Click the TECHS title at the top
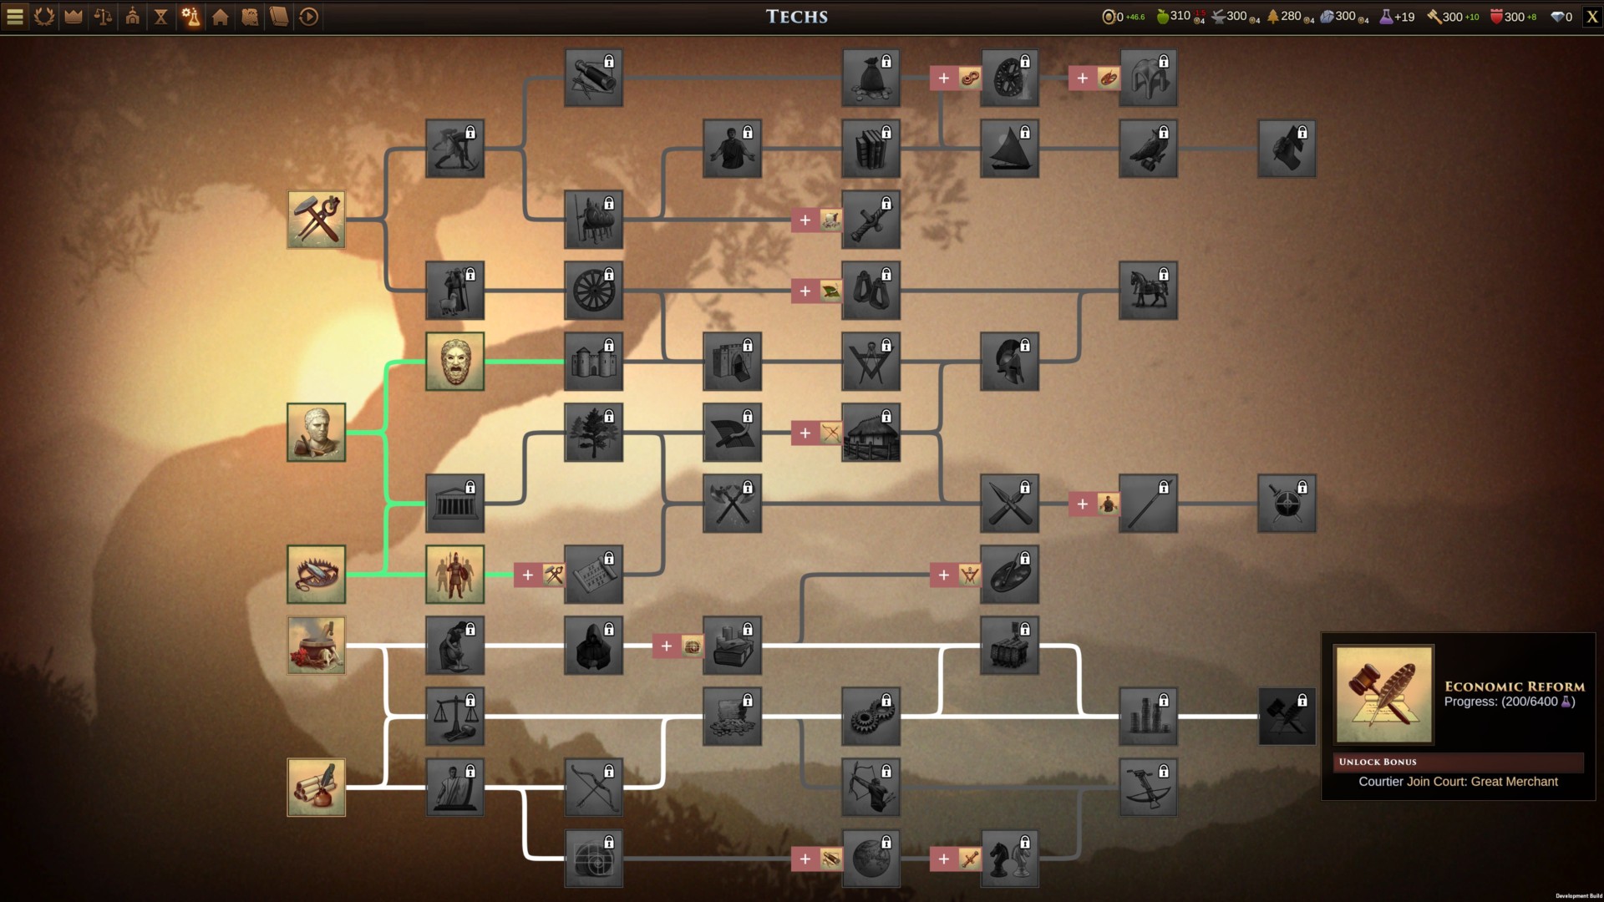pyautogui.click(x=797, y=17)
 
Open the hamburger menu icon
pyautogui.click(x=15, y=17)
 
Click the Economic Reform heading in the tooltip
pyautogui.click(x=1514, y=686)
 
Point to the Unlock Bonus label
pyautogui.click(x=1378, y=762)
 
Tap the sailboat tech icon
pyautogui.click(x=1009, y=149)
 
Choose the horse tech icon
pyautogui.click(x=1148, y=291)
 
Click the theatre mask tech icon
pyautogui.click(x=454, y=362)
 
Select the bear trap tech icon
pyautogui.click(x=316, y=575)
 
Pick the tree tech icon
pyautogui.click(x=593, y=433)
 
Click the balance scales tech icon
pyautogui.click(x=454, y=717)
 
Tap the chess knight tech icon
pyautogui.click(x=1009, y=859)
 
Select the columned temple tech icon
pyautogui.click(x=454, y=504)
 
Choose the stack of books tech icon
pyautogui.click(x=871, y=149)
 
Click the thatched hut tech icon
pyautogui.click(x=871, y=433)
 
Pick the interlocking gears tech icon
pyautogui.click(x=871, y=717)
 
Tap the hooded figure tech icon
pyautogui.click(x=593, y=646)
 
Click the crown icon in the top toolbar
pyautogui.click(x=74, y=17)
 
